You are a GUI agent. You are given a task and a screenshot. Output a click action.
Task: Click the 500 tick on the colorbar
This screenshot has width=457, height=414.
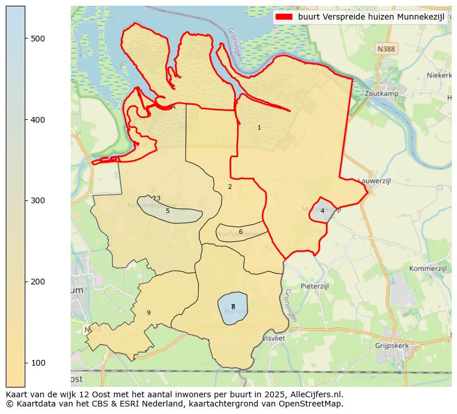(25, 38)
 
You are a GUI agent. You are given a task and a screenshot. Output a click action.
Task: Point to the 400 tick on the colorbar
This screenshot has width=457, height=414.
(25, 119)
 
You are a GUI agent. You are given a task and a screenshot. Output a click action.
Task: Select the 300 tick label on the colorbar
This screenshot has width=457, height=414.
(37, 200)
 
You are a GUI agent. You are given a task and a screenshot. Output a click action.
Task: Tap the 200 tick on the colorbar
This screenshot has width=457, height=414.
(25, 282)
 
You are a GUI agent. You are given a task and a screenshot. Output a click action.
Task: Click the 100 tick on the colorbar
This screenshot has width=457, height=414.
(25, 363)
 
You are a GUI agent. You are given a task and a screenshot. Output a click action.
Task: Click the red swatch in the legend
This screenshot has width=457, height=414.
(284, 17)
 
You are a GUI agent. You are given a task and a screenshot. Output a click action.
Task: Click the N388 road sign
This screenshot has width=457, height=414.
(386, 50)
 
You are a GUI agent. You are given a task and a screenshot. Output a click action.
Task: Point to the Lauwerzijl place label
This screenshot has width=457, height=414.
(374, 180)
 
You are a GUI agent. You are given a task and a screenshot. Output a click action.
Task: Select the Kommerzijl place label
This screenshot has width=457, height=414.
(428, 269)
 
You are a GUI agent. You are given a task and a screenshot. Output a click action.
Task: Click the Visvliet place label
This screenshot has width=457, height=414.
(273, 339)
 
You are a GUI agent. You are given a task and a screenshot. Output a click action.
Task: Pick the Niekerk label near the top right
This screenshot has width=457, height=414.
(440, 75)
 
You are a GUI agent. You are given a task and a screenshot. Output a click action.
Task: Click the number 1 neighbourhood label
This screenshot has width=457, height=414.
(259, 127)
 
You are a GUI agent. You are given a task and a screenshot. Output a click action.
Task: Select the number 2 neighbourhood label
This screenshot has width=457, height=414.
(230, 187)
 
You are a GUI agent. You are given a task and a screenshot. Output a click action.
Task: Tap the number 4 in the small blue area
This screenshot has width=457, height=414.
(322, 211)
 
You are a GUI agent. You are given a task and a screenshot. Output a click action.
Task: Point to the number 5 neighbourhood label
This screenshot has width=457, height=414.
(167, 211)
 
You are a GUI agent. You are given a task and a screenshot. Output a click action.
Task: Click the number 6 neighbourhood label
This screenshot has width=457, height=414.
(241, 231)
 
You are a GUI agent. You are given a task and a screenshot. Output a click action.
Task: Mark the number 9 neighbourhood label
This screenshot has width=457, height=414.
(148, 313)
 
